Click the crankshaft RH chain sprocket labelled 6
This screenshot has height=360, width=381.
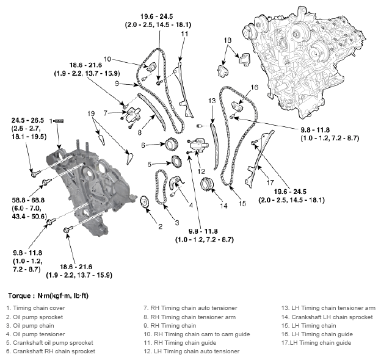172,145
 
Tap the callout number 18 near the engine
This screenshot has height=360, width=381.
228,40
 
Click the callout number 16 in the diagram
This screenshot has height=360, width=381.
255,87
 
